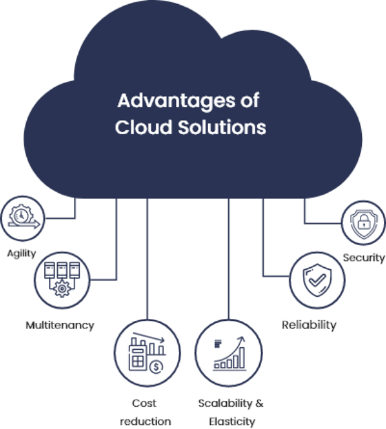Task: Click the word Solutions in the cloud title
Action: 222,127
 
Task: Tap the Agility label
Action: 21,254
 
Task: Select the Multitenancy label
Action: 60,326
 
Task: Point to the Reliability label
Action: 309,326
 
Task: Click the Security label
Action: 364,258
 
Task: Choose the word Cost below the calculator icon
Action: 144,403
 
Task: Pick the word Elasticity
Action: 232,422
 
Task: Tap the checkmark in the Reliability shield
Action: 317,280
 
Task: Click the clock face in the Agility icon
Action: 21,216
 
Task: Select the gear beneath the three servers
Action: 62,289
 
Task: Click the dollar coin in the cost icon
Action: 156,367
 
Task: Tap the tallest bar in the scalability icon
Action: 242,358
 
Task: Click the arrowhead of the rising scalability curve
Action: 241,340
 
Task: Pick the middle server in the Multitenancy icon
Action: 62,270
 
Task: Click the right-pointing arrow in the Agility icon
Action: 24,225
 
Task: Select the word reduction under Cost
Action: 146,422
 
